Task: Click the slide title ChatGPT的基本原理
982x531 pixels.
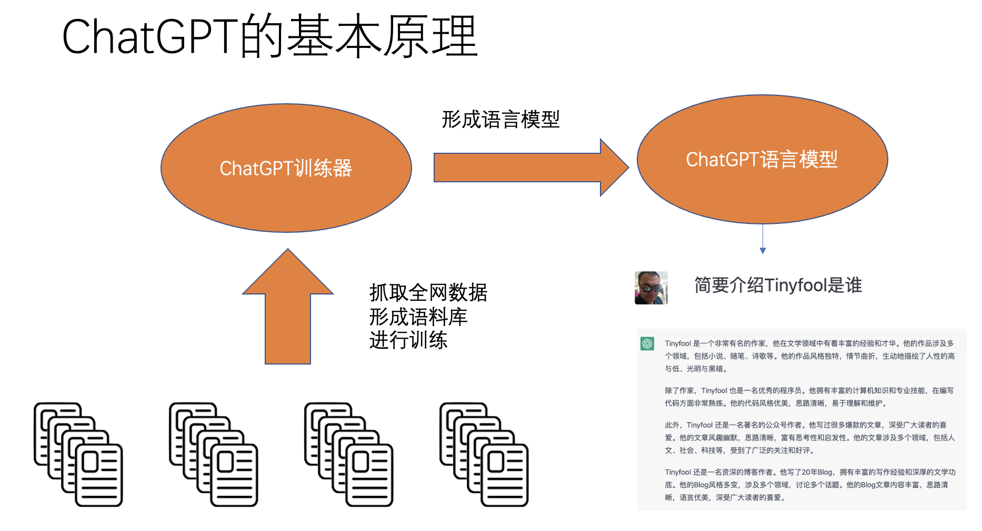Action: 269,36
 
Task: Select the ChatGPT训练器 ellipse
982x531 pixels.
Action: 286,168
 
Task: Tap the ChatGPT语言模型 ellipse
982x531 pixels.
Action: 761,159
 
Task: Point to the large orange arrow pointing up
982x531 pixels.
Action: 288,311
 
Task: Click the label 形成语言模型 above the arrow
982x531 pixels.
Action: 500,120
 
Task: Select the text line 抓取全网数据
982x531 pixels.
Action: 428,292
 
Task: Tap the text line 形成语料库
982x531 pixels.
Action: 418,317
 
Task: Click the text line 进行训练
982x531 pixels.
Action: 408,340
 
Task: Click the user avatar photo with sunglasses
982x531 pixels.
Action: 651,288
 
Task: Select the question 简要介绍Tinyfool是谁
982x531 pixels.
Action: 778,285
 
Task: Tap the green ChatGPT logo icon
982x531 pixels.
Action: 647,344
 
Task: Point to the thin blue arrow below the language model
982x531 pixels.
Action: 763,240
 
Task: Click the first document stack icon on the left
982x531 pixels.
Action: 78,454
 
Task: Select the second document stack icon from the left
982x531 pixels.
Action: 214,454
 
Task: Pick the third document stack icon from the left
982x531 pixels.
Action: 349,454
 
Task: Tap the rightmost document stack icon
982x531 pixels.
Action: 484,454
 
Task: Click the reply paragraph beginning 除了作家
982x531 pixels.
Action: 809,397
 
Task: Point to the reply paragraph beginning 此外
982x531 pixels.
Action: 809,437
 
